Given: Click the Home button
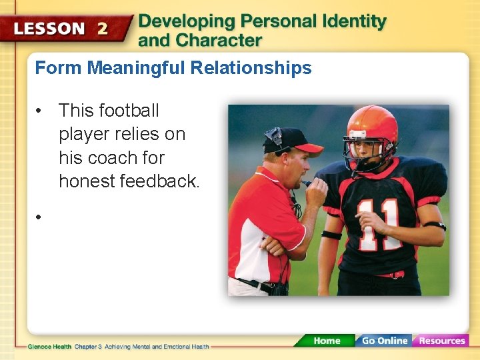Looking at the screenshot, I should pos(326,341).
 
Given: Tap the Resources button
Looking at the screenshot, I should pos(441,341).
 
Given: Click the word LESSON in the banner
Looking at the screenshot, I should pos(49,29).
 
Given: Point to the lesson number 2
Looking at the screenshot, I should pos(103,29).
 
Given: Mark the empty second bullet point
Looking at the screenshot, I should pos(40,217).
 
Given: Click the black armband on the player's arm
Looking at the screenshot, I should pos(331,235).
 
